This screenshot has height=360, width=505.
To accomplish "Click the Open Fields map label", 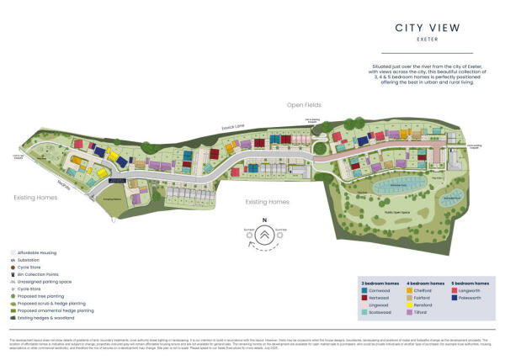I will pos(306,105).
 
